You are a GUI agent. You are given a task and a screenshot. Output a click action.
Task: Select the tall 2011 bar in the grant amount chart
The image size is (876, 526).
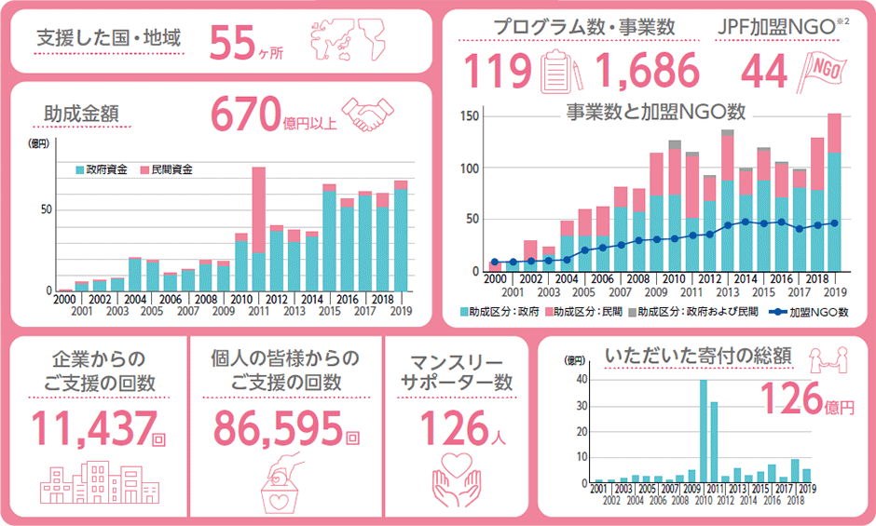pyautogui.click(x=258, y=229)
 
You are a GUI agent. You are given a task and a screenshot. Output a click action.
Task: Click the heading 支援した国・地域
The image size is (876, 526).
pyautogui.click(x=107, y=39)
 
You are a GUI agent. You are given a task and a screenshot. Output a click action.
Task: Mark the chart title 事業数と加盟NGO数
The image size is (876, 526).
pyautogui.click(x=656, y=113)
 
